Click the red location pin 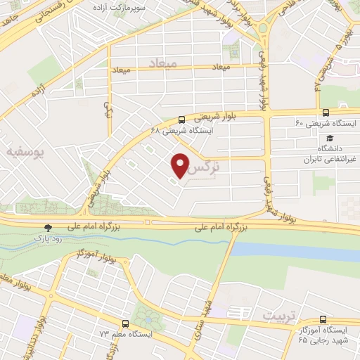click(181, 165)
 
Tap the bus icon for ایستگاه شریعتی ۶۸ click(181, 119)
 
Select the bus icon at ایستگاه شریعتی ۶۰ click(325, 112)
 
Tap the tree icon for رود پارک click(48, 228)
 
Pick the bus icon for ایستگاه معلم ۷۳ click(124, 324)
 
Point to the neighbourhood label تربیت click(274, 317)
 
